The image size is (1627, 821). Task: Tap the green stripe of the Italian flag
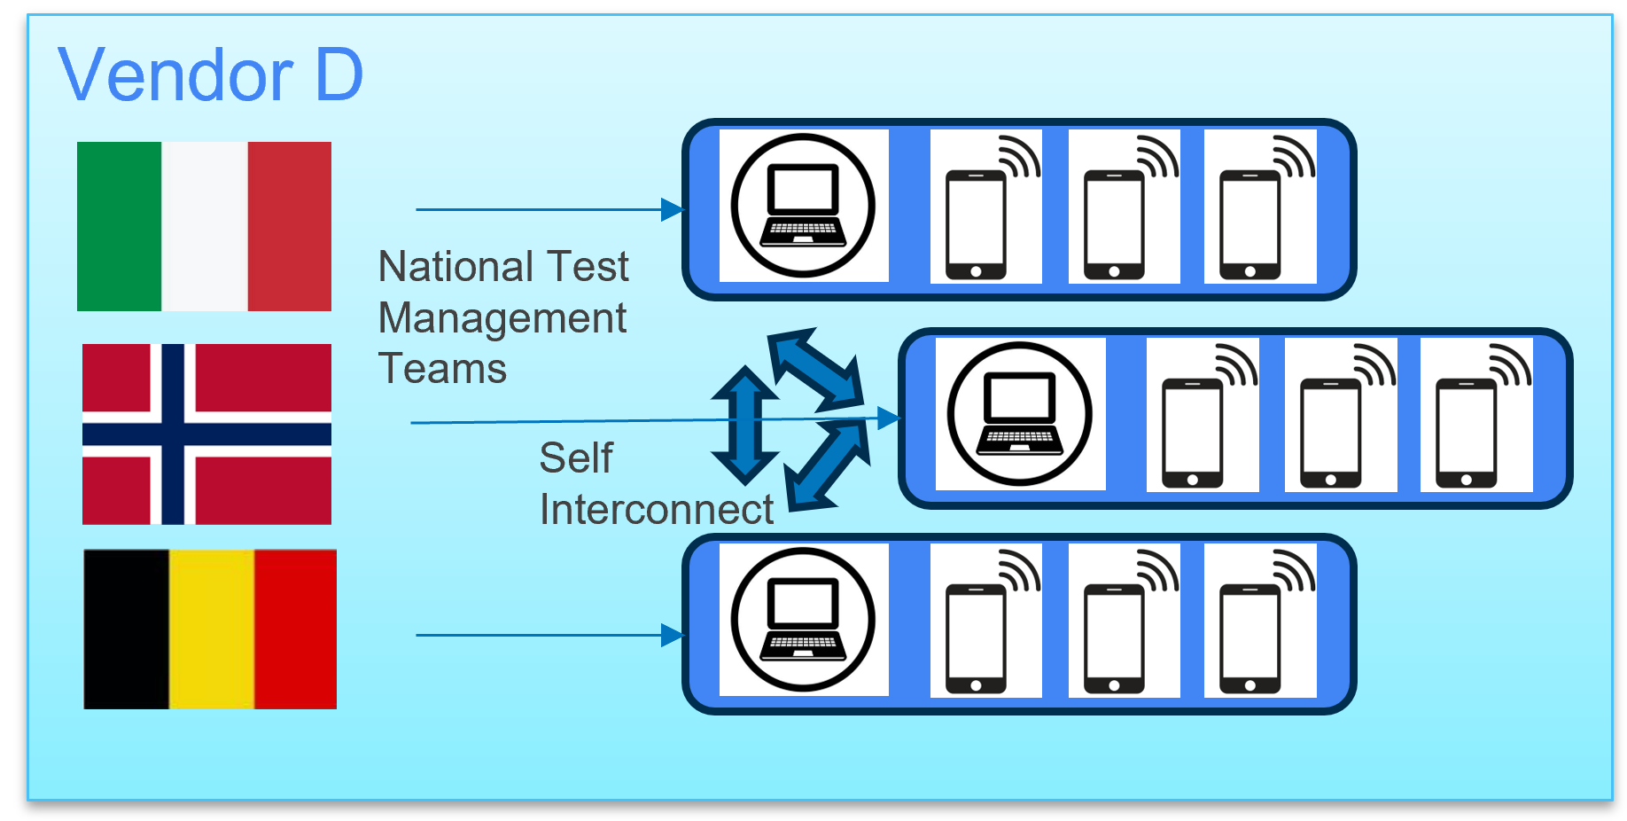[x=119, y=226]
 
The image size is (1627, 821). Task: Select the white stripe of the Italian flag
[x=204, y=226]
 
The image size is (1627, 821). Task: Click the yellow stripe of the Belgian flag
[x=211, y=629]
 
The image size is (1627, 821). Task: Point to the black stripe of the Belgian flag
[x=126, y=629]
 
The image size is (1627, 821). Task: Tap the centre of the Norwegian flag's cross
[x=173, y=434]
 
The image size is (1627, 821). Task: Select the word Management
[x=502, y=318]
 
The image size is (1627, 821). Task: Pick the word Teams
[x=442, y=369]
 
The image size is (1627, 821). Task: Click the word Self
[x=576, y=458]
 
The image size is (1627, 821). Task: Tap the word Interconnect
[x=656, y=510]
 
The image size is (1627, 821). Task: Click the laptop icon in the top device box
[x=803, y=206]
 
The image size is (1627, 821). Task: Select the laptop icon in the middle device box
[x=1020, y=414]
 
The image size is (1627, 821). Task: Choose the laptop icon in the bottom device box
[x=803, y=620]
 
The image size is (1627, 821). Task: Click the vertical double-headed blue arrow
[x=744, y=425]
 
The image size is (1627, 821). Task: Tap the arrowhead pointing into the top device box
[x=673, y=210]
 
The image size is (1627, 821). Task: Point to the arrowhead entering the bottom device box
[x=673, y=636]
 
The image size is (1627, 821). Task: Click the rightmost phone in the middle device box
[x=1467, y=433]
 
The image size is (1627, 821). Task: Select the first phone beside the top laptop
[x=977, y=223]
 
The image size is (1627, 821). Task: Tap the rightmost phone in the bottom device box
[x=1250, y=638]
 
